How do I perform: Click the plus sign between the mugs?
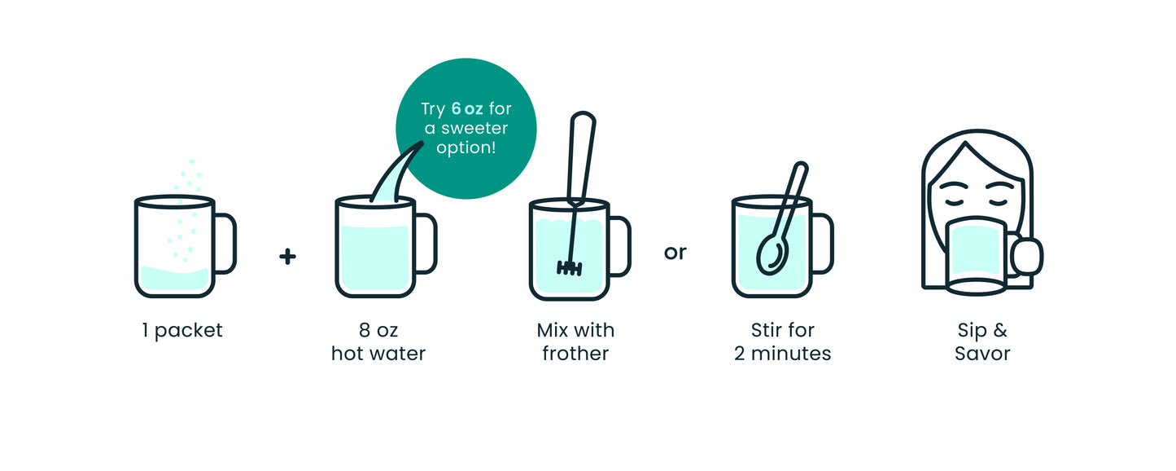tap(287, 257)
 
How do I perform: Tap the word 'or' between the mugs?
tap(675, 253)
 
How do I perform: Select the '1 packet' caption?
tap(182, 331)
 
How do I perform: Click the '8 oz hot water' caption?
tap(378, 341)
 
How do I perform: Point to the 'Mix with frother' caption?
tap(575, 341)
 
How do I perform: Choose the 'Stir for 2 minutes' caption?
tap(782, 341)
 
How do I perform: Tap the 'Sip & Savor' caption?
tap(982, 341)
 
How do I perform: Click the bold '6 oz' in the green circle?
tap(466, 109)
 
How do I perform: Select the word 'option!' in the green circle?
tap(466, 148)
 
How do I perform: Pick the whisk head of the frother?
tap(569, 268)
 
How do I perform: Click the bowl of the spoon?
tap(772, 255)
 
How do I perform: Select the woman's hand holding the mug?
tap(1027, 257)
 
